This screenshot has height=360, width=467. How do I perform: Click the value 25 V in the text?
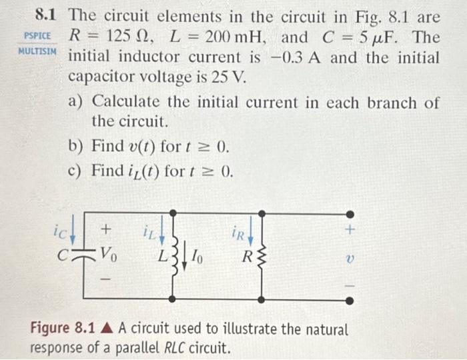[x=229, y=78]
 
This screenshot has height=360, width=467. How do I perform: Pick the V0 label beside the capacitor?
[x=109, y=253]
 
